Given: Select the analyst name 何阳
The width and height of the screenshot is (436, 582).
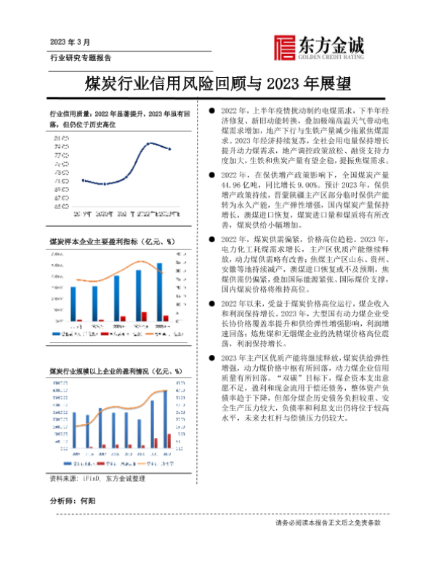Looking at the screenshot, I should [87, 502].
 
